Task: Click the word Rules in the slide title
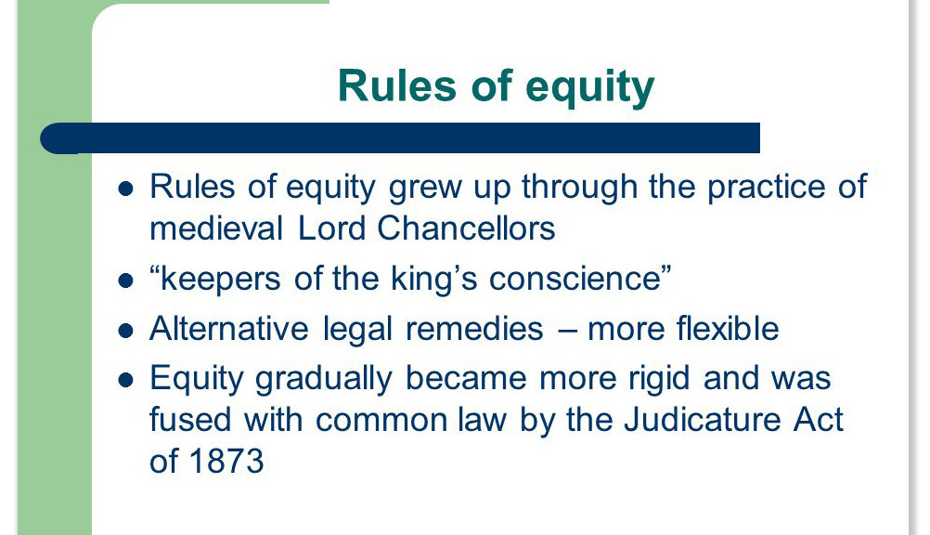[x=397, y=86]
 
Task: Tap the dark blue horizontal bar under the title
[x=400, y=138]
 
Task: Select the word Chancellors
[x=466, y=228]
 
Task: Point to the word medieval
[x=216, y=228]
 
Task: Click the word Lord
[x=330, y=228]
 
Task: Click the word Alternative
[x=229, y=329]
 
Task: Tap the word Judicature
[x=703, y=419]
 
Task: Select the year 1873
[x=226, y=462]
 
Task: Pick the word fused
[x=189, y=419]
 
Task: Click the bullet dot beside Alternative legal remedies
[x=125, y=331]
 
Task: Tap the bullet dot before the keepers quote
[x=125, y=281]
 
